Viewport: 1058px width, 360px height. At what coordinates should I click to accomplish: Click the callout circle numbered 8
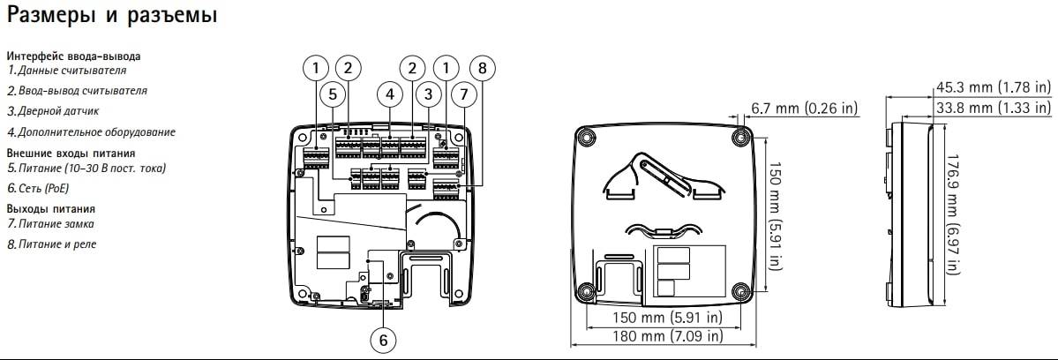pos(483,67)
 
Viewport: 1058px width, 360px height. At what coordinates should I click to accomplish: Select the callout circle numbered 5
pos(332,94)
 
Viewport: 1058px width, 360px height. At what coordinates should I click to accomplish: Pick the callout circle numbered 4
pos(388,94)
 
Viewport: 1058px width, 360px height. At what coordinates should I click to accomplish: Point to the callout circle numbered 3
pos(427,94)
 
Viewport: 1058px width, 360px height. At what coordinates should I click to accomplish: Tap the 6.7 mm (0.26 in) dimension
pos(804,108)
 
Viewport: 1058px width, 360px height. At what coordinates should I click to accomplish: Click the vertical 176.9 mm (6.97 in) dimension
pos(955,212)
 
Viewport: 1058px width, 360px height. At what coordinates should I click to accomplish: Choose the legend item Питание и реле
pos(52,244)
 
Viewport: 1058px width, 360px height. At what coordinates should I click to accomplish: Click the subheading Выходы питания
pos(50,208)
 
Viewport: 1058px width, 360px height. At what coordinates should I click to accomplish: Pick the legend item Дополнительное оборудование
pos(91,132)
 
